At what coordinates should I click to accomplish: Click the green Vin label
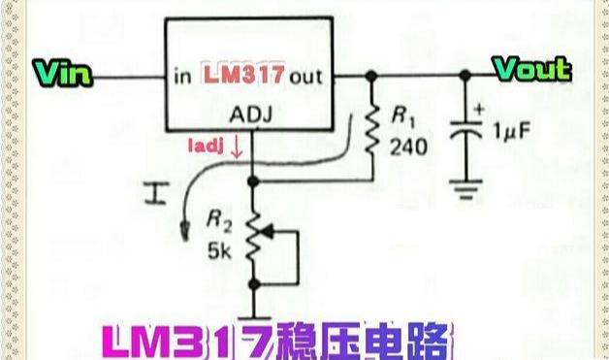[63, 72]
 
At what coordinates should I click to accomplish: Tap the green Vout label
[531, 69]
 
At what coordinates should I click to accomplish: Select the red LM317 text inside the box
[242, 74]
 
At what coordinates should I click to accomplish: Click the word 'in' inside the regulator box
[182, 75]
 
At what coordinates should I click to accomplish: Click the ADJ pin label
[251, 116]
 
